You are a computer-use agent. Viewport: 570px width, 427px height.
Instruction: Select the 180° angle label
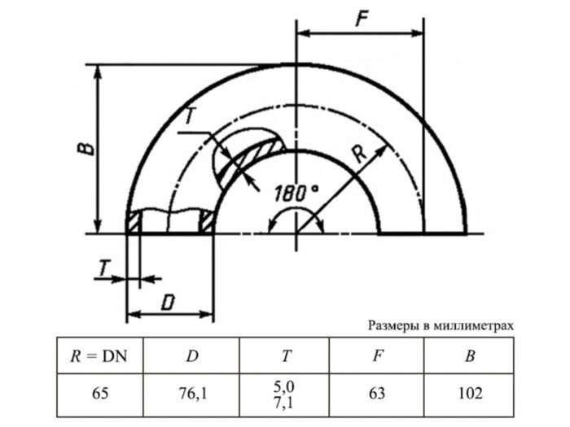click(296, 194)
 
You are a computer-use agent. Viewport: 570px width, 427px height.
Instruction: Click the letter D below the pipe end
click(168, 303)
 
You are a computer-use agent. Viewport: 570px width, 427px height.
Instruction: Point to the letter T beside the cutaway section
click(189, 117)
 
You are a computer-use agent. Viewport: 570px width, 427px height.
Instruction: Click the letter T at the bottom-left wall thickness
click(103, 268)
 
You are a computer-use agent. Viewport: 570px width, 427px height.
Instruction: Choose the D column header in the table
click(193, 355)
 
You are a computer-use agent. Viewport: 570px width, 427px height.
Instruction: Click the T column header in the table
click(286, 355)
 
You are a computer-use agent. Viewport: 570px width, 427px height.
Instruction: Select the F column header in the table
click(377, 355)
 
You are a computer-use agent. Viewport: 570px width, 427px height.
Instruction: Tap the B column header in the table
click(470, 355)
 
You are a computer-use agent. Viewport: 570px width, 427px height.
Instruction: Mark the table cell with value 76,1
click(193, 394)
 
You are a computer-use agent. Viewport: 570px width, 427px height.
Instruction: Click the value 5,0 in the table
click(286, 386)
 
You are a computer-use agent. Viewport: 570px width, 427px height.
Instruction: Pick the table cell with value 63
click(377, 394)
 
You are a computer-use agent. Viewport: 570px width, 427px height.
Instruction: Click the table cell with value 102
click(470, 394)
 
